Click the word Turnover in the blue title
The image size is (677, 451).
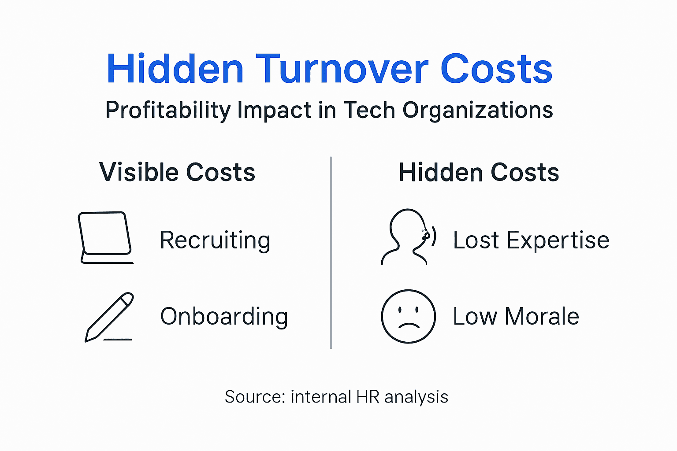point(342,69)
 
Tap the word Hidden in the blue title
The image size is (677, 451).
point(175,69)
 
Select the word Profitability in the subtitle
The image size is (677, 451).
point(167,110)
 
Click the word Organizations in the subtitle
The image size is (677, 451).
point(478,110)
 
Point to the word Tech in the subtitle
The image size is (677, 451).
point(369,110)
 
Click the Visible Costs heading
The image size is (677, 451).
point(177,172)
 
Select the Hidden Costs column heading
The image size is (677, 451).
point(479,172)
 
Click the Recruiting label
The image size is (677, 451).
point(215,240)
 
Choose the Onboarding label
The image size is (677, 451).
point(224,317)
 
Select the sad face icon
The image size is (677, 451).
point(408,316)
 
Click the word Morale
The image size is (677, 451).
point(542,317)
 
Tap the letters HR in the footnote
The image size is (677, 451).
point(368,397)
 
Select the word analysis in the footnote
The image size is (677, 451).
point(416,397)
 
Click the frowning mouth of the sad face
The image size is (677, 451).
point(409,326)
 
